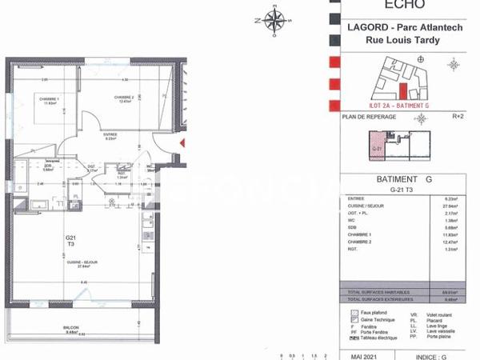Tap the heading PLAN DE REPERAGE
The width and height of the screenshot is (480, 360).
click(x=369, y=117)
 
